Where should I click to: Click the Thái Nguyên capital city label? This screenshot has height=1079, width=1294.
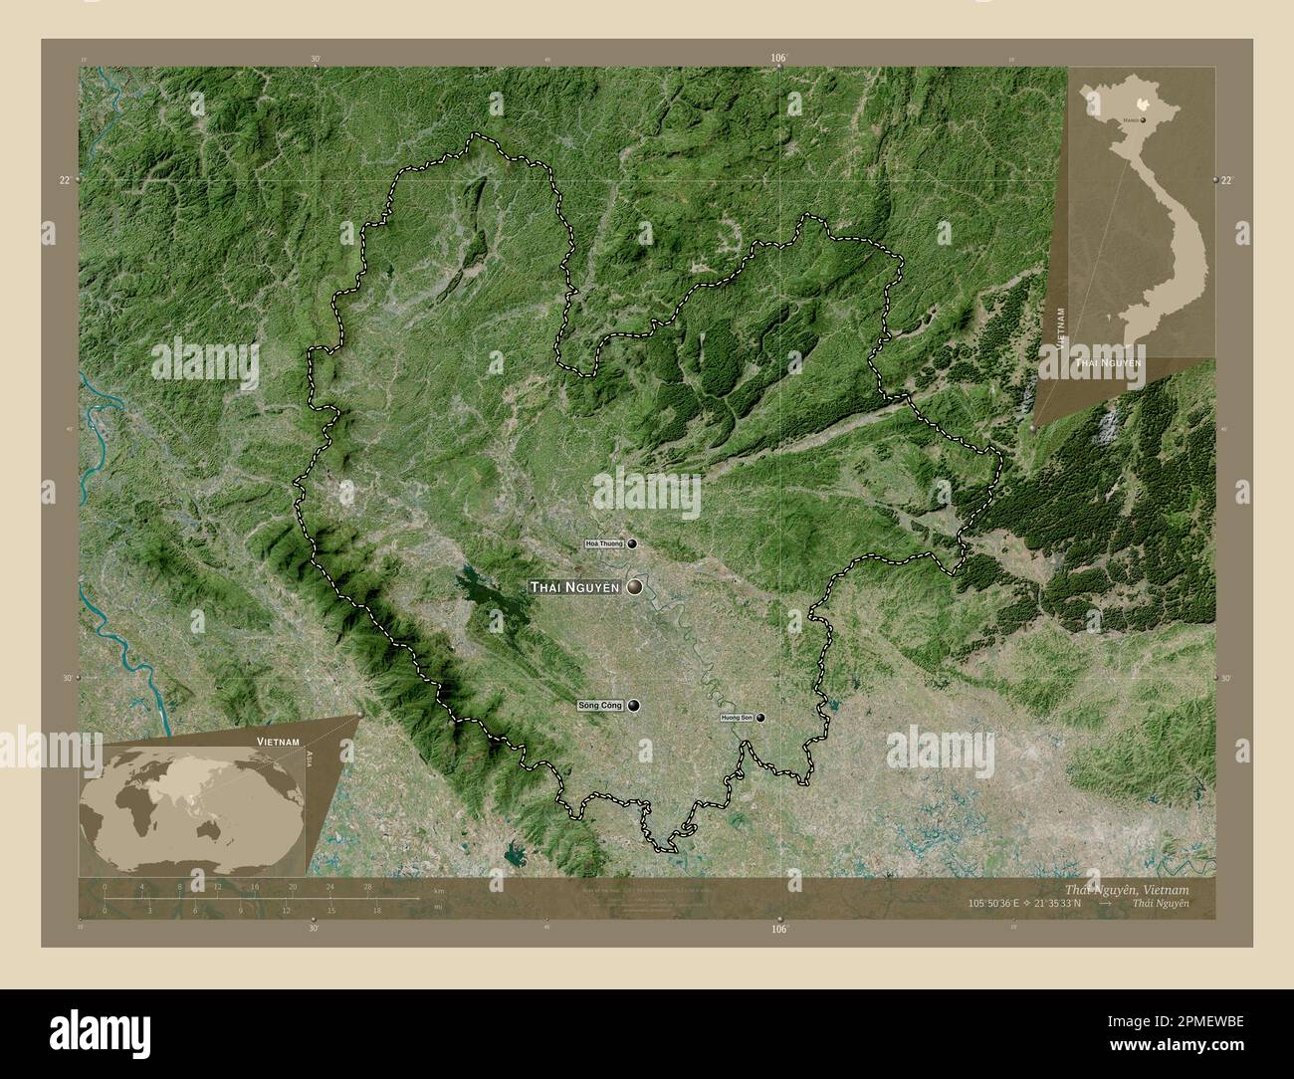tap(575, 587)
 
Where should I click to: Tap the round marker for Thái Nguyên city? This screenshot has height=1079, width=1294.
tap(634, 587)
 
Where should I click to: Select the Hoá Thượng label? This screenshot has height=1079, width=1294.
tap(605, 544)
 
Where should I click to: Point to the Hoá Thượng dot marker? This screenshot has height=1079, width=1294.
tap(631, 544)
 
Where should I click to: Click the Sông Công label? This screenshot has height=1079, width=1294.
tap(600, 706)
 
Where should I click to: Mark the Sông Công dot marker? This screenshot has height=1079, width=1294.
tap(633, 706)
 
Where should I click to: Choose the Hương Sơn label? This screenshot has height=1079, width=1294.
tap(737, 718)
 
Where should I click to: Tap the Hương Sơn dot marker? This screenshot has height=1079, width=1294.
tap(760, 718)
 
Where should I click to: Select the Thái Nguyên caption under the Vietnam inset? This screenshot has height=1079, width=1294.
tap(1107, 364)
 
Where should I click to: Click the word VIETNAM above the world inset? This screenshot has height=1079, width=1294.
tap(280, 743)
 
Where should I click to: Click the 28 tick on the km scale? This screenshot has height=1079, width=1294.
tap(368, 886)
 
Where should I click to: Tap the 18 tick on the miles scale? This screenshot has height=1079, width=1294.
tap(376, 910)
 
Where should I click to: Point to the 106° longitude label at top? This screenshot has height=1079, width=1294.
tap(778, 59)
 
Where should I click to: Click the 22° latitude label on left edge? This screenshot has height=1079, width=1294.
tap(65, 180)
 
